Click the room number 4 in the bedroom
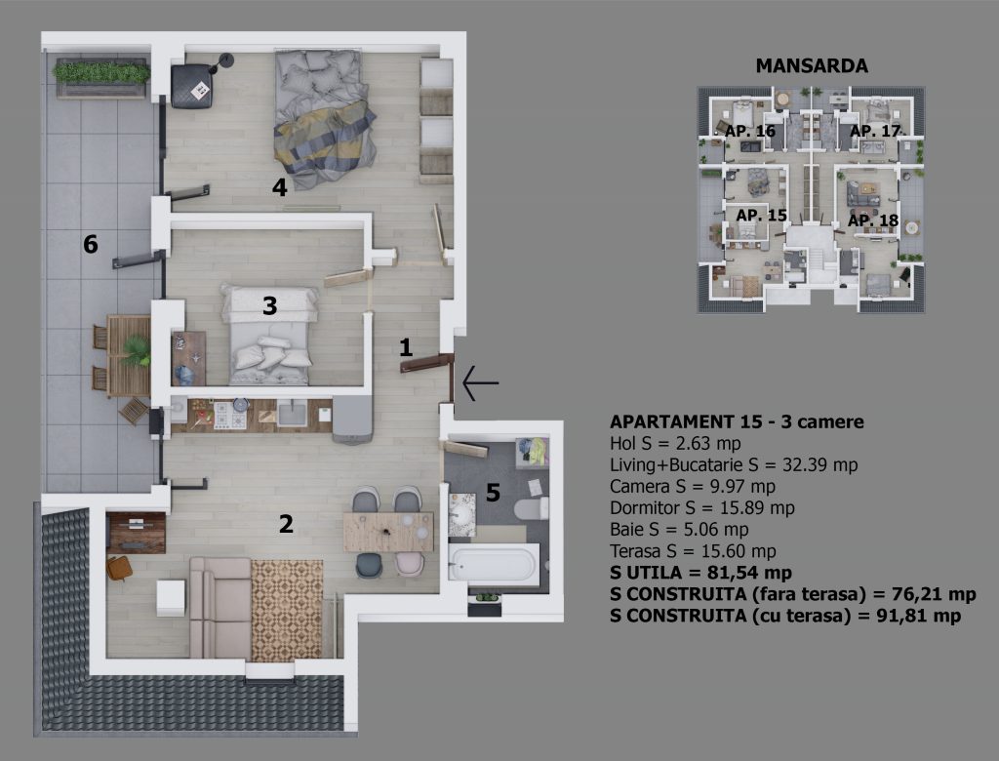coord(279,187)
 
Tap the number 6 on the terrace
coord(91,244)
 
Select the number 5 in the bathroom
coord(493,492)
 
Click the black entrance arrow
coord(480,383)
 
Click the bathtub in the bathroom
coord(494,563)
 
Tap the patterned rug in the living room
coord(287,610)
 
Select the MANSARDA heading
coord(812,65)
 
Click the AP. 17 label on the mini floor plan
coord(875,131)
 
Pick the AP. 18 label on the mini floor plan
coord(873,220)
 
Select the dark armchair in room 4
coord(192,87)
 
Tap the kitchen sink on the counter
coord(292,413)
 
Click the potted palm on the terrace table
coord(136,351)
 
